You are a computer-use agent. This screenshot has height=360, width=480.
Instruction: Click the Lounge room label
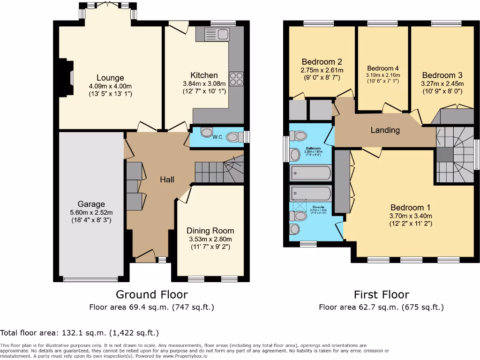coord(110,78)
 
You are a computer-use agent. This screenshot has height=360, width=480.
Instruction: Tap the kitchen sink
coord(217,34)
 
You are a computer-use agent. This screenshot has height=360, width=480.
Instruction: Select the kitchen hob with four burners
coord(236,78)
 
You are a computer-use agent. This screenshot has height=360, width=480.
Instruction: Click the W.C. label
coord(217,137)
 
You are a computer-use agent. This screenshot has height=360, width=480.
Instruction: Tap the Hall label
coord(167,179)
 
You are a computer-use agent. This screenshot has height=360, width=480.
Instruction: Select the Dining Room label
coord(210,230)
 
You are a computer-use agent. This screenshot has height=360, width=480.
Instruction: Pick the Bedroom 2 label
coord(321,62)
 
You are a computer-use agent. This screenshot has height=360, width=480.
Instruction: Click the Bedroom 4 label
coord(383,68)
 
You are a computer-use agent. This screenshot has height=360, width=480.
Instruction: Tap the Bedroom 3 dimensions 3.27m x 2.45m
coord(442,83)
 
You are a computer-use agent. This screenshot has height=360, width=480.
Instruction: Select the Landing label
coord(385,130)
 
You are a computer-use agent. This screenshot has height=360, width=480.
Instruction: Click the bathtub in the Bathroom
coord(310,173)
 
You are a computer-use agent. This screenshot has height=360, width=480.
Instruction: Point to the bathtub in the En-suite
coord(310,192)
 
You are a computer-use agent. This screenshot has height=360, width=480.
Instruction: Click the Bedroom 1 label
coord(410,208)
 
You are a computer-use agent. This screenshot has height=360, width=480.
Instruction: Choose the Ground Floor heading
coord(151,294)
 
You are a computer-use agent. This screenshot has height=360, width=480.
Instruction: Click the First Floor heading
coord(381,294)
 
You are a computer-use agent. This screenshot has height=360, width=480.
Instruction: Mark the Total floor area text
coord(79,333)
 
